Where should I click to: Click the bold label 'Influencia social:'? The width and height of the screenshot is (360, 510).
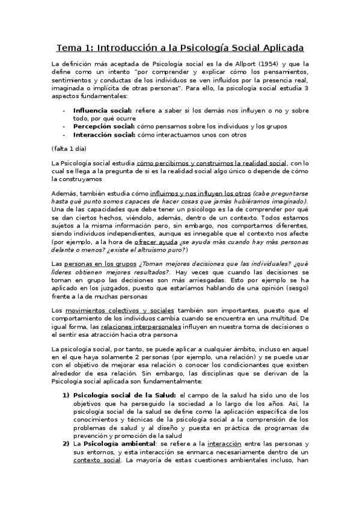[102, 111]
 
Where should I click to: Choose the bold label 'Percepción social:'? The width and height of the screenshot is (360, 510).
[103, 126]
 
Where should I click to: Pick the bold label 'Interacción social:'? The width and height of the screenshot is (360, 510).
[103, 135]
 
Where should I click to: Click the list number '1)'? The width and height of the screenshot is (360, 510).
[67, 395]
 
